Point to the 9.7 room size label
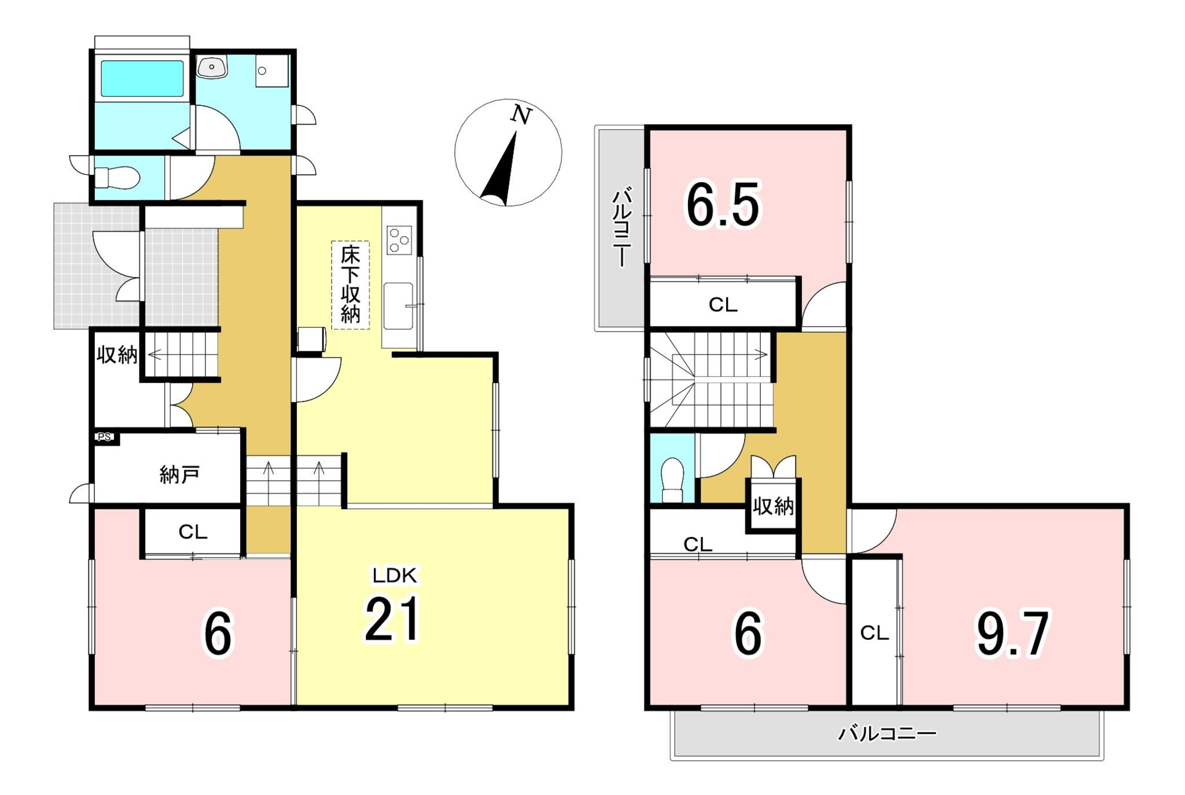[1012, 634]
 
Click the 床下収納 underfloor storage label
[351, 285]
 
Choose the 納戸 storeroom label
[179, 474]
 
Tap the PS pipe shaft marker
[105, 437]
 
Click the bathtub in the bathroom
[142, 79]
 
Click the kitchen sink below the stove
[399, 306]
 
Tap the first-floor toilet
[116, 178]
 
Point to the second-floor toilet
[672, 480]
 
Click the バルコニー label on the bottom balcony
[887, 734]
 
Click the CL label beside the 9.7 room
[874, 634]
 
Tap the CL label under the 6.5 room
[723, 305]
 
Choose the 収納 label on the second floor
[774, 507]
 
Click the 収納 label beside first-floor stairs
[116, 355]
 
